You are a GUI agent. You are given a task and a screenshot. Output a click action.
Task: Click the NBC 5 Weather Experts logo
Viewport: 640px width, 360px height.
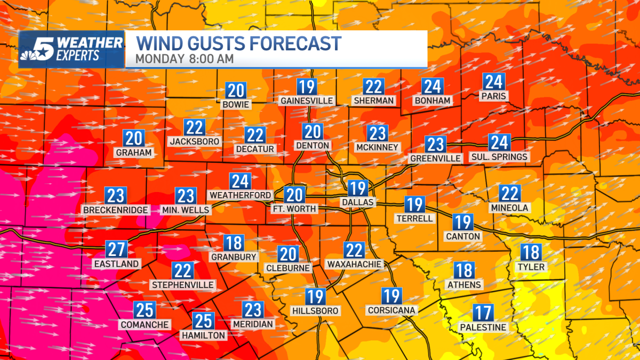tap(71, 49)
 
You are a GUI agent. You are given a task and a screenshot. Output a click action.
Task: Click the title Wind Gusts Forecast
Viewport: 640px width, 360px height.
tap(238, 43)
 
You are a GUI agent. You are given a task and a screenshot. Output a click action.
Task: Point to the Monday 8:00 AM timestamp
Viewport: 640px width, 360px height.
tap(184, 59)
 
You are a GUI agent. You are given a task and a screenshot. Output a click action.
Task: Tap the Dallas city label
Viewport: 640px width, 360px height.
tap(358, 202)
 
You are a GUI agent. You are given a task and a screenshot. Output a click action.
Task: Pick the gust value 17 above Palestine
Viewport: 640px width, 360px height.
tap(483, 313)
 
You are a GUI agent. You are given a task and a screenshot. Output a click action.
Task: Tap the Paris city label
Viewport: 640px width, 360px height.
tap(492, 96)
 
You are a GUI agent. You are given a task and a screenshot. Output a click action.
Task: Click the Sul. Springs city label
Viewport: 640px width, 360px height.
tap(499, 157)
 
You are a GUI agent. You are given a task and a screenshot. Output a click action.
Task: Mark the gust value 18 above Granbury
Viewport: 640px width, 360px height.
tap(234, 243)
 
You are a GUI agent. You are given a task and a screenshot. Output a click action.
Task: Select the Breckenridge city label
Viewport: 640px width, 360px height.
tap(116, 210)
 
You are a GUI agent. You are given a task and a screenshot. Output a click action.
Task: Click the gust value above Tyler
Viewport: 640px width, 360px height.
tap(531, 252)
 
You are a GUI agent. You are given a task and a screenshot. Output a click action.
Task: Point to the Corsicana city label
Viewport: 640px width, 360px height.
tap(391, 310)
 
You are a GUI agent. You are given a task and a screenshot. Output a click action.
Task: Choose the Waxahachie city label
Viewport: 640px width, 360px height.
tap(354, 264)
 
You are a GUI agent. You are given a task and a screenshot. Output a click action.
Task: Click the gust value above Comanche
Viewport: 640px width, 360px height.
tap(145, 310)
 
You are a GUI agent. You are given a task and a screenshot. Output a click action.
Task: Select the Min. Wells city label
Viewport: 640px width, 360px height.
tap(185, 210)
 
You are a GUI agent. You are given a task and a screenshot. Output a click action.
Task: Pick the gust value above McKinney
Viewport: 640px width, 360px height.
tap(378, 133)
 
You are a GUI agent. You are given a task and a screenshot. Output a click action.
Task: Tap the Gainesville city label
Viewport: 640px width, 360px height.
tap(307, 100)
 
